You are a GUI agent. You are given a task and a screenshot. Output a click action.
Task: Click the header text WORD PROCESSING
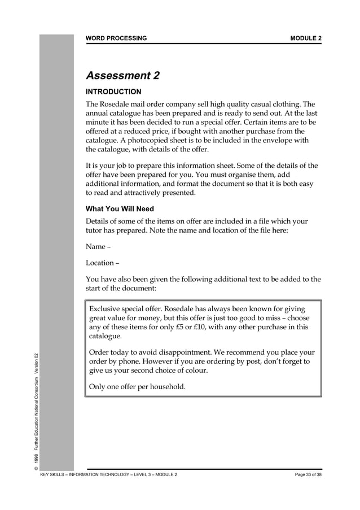click(116, 38)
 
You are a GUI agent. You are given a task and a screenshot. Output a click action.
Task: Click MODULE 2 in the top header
click(306, 38)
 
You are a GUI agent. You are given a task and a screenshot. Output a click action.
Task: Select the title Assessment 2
click(122, 76)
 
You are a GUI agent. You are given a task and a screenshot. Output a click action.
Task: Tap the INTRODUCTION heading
click(113, 91)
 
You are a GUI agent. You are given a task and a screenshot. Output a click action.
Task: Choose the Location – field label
click(102, 263)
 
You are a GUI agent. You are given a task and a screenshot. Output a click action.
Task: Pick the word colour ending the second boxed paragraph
click(196, 371)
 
